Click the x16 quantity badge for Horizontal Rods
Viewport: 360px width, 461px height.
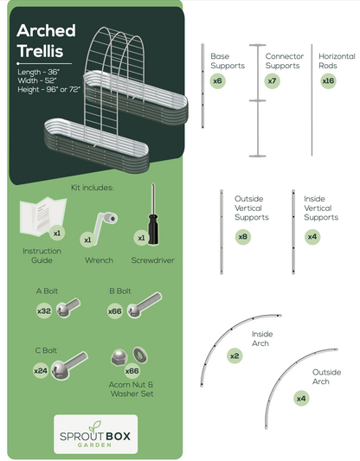328,80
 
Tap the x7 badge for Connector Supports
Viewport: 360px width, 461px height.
272,80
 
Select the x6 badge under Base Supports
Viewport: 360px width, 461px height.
218,80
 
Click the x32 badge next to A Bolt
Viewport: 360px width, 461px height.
44,311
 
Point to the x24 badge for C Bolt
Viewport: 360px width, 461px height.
41,370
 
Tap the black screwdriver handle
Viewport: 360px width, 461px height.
153,229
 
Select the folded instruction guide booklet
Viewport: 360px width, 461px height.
42,216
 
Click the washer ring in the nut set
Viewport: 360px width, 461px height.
140,355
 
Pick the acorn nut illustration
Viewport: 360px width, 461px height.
119,357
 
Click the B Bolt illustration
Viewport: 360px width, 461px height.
145,305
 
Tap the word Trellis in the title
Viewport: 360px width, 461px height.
41,51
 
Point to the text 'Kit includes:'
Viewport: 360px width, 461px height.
93,188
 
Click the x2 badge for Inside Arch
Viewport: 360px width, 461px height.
235,356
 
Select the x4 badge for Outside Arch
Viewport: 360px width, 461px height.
301,399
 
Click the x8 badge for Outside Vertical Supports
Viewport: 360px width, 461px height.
243,237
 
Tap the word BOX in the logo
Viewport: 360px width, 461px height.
118,436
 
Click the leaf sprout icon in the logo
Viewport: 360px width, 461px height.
95,426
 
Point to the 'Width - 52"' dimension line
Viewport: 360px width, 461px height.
37,80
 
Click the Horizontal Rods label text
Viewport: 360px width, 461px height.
337,61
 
